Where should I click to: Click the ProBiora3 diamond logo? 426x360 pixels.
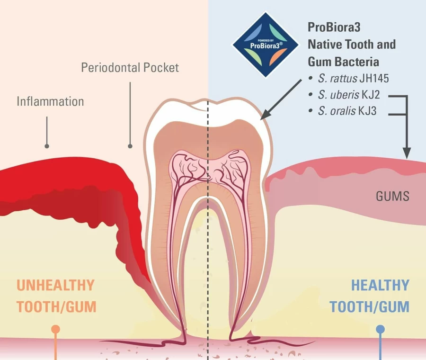tap(265, 45)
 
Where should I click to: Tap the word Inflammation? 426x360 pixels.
tap(50, 101)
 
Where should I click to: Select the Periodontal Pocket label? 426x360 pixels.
tap(130, 68)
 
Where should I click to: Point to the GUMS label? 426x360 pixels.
tap(392, 196)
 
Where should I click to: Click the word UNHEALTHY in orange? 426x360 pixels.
tap(55, 285)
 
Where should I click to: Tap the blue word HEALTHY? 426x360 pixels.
tap(380, 285)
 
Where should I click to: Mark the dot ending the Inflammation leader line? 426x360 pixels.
tap(47, 146)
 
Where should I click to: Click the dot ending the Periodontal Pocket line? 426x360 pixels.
tap(130, 146)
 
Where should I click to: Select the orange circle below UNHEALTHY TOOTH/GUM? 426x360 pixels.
tap(56, 329)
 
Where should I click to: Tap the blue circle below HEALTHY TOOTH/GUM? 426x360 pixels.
tap(381, 329)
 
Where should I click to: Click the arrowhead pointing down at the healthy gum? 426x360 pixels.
tap(407, 153)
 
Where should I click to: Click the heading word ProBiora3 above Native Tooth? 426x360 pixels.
tap(334, 27)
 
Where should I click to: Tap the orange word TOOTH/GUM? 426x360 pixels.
tap(56, 306)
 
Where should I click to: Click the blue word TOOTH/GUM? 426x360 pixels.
tap(370, 306)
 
